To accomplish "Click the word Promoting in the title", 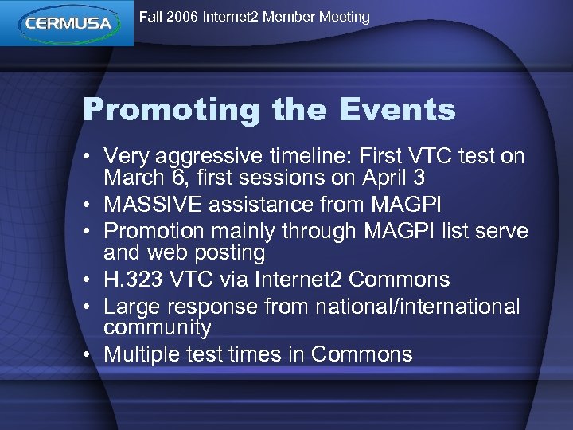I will click(x=173, y=110).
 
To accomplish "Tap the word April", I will click(x=377, y=179).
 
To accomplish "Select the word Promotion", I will click(x=148, y=232).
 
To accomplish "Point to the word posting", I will click(x=226, y=252).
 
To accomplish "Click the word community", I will click(x=158, y=327).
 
